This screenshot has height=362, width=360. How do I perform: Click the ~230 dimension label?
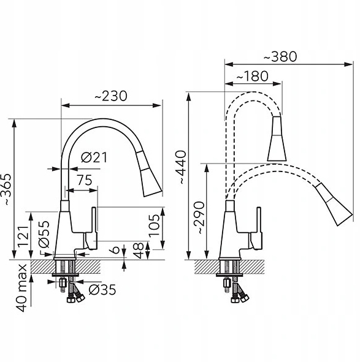[x=111, y=96]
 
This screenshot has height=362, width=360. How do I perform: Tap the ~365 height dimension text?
[x=6, y=189]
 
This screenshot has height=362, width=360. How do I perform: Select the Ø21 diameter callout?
[x=94, y=157]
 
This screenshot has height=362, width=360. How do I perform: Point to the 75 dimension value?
[x=85, y=180]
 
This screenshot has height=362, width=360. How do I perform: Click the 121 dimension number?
[x=25, y=236]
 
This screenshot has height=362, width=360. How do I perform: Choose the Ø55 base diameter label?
[x=44, y=234]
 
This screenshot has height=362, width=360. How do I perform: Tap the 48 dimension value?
[x=139, y=251]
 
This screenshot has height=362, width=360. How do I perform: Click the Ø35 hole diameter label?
[x=102, y=289]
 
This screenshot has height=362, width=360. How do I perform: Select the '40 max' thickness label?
[x=22, y=288]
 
